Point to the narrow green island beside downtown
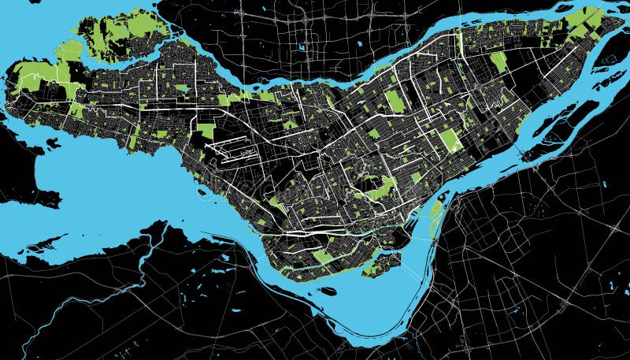(435, 217)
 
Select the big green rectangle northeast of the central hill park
(450, 140)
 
